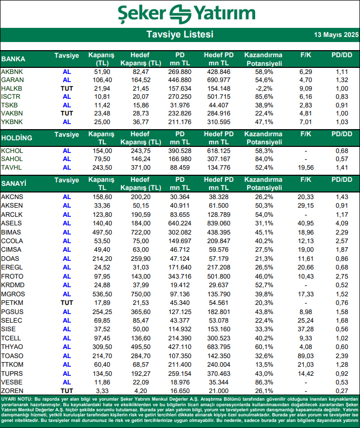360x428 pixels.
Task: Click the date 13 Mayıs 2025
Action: [336, 35]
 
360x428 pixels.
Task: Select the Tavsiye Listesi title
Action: [180, 35]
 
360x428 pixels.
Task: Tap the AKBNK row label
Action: [12, 72]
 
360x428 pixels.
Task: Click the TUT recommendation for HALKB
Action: [67, 88]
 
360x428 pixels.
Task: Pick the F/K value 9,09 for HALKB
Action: [305, 88]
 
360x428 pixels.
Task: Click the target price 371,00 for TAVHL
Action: [141, 167]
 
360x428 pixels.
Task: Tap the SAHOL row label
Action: [12, 159]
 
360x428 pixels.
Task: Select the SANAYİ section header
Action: [14, 183]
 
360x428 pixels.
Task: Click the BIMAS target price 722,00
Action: [141, 231]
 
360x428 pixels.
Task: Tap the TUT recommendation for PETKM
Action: [67, 302]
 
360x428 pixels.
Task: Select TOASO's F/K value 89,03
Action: [305, 356]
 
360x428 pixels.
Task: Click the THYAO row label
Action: [12, 347]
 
